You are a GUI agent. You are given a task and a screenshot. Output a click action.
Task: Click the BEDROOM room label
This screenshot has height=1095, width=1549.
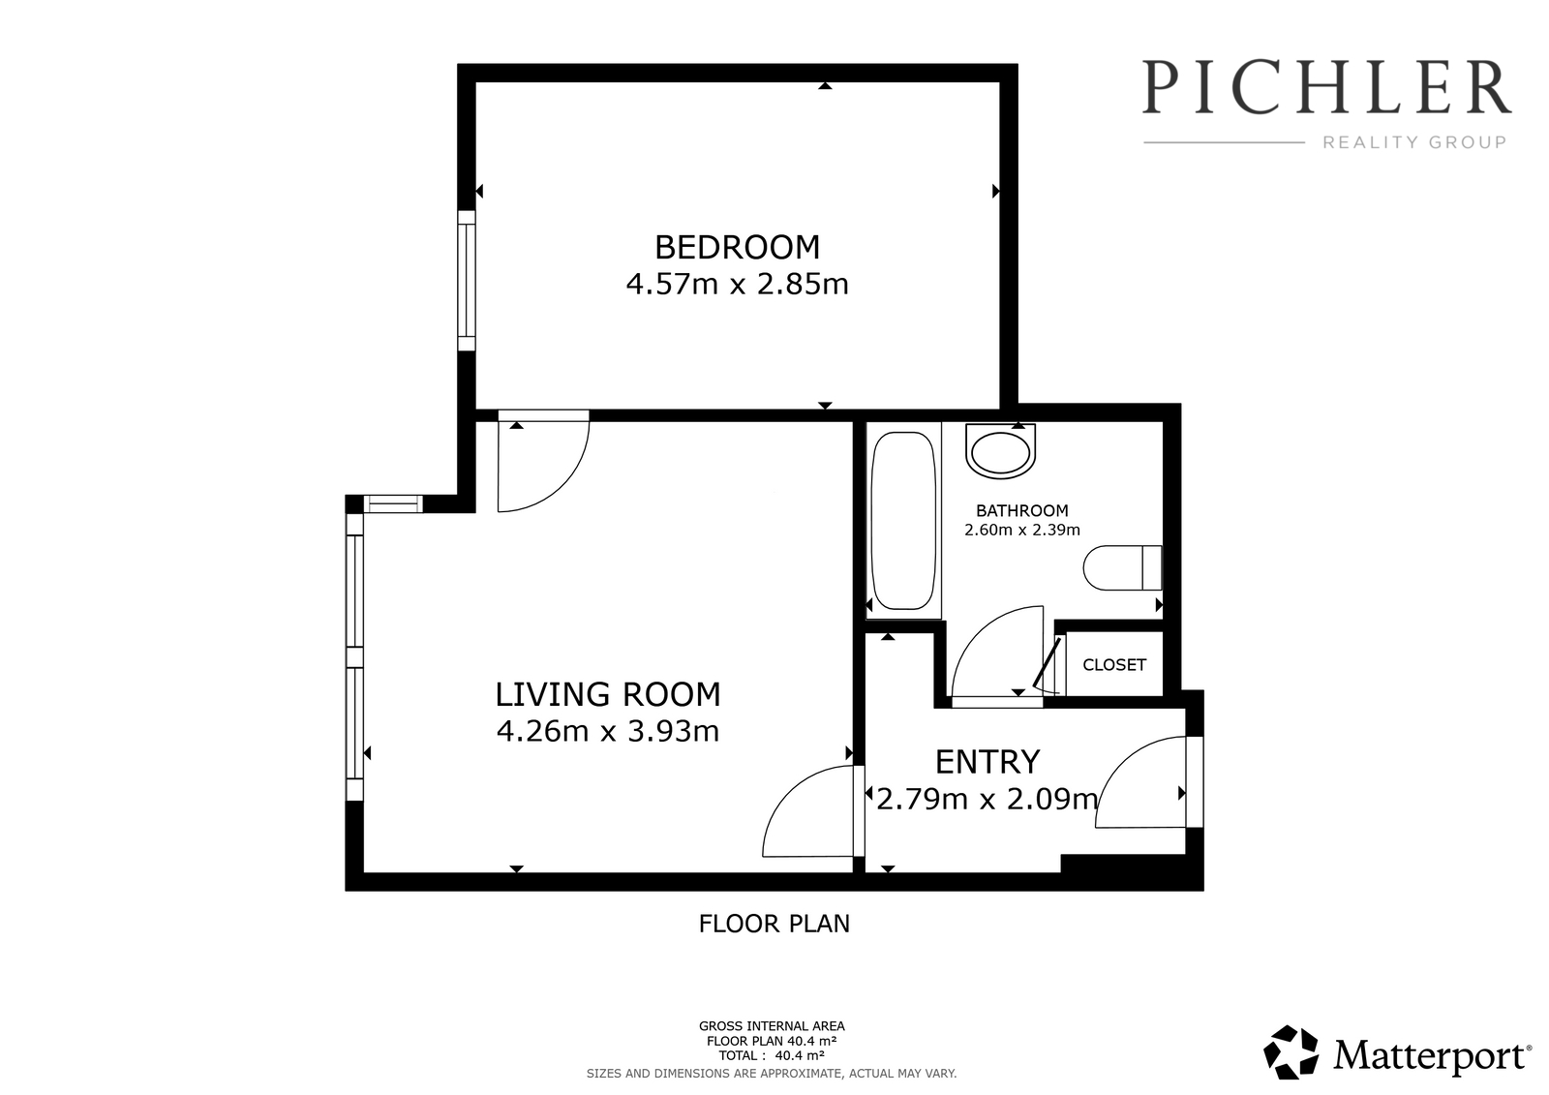coord(737,248)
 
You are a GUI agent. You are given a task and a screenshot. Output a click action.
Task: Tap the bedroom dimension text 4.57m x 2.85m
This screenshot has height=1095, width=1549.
coord(737,285)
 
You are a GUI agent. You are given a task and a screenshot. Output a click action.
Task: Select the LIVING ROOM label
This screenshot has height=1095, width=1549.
coord(608,694)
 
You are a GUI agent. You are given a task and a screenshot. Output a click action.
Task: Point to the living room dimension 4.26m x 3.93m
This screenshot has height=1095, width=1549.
coord(608,731)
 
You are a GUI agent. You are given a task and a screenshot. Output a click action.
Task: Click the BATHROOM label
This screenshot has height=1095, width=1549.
coord(1022,511)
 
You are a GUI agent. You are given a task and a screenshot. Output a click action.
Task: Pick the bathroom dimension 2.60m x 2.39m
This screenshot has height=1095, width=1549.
coord(1022,530)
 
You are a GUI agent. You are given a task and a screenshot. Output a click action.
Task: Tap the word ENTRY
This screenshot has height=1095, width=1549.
coord(987,762)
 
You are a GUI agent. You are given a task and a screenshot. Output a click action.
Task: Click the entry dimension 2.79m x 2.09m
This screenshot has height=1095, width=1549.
coord(987,800)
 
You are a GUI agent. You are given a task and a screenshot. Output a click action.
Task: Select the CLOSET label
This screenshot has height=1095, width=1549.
coord(1114,665)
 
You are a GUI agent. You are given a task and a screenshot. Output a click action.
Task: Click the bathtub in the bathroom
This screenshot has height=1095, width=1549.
coord(904,520)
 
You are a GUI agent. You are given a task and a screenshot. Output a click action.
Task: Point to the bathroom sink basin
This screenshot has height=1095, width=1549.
coord(1000,451)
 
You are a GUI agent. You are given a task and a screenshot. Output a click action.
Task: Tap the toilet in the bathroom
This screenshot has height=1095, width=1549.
coord(1122,568)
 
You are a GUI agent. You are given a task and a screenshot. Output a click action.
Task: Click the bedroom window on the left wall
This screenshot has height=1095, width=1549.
coord(467,281)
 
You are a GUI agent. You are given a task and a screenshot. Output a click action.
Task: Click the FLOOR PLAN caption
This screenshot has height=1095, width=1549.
coord(774,925)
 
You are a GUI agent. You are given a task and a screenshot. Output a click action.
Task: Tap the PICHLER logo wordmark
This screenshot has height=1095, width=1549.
coord(1326,87)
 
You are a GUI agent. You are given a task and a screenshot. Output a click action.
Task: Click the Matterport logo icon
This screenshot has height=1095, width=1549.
coord(1291,1052)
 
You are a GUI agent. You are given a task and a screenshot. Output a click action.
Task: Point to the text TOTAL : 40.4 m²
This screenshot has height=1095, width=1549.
coord(772,1055)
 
